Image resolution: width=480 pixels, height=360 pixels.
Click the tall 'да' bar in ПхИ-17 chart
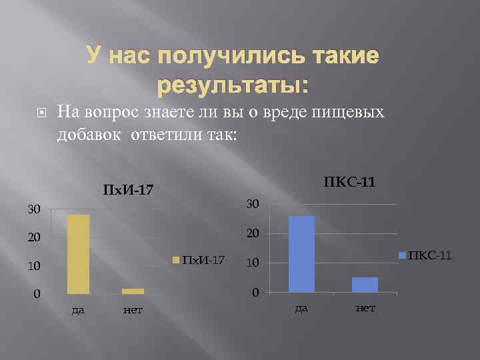tap(77, 254)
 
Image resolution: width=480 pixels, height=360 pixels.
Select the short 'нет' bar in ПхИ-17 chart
tap(133, 291)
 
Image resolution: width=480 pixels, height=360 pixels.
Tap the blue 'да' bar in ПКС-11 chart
tap(301, 254)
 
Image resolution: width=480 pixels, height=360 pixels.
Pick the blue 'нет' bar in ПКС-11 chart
tap(365, 285)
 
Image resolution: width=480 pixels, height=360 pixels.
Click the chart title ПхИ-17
tap(128, 191)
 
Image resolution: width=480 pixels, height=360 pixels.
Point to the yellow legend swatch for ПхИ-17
tap(177, 259)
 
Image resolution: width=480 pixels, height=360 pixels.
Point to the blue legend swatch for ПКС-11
tap(402, 255)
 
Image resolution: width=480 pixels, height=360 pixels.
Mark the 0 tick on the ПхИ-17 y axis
tap(37, 294)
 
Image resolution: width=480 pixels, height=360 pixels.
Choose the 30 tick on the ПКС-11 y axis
tap(252, 203)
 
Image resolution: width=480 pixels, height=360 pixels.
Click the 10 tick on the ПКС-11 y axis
tap(252, 263)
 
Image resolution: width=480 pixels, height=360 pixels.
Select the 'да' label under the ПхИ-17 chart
tap(78, 310)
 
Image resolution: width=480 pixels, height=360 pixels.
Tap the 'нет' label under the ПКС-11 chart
tap(365, 308)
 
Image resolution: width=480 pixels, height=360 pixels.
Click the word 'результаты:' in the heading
tap(233, 85)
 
